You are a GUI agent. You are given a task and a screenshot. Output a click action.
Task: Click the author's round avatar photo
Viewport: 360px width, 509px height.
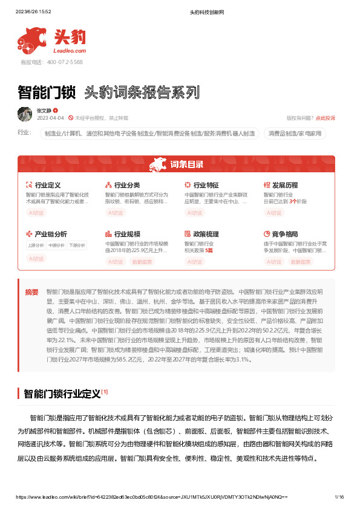[x=25, y=114]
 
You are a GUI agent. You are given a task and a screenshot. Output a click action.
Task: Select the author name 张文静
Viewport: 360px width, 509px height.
[x=44, y=111]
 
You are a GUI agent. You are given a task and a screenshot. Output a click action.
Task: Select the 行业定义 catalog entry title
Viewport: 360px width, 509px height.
[x=47, y=185]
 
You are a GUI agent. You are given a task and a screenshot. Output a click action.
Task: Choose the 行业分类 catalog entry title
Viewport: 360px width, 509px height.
[x=127, y=185]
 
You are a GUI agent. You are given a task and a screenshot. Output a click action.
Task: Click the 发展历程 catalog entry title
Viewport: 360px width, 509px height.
[x=285, y=185]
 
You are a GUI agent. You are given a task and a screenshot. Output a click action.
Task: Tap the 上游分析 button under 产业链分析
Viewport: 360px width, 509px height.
[x=36, y=245]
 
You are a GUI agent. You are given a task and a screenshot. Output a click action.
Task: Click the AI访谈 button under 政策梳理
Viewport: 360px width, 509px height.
[x=195, y=262]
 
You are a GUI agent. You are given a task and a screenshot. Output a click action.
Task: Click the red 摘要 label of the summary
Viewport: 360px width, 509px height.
[x=31, y=291]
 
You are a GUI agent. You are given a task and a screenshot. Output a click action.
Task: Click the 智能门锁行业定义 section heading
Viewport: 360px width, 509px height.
[x=62, y=394]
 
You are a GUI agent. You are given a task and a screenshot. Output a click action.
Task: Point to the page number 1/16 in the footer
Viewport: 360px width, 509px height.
[x=339, y=497]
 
